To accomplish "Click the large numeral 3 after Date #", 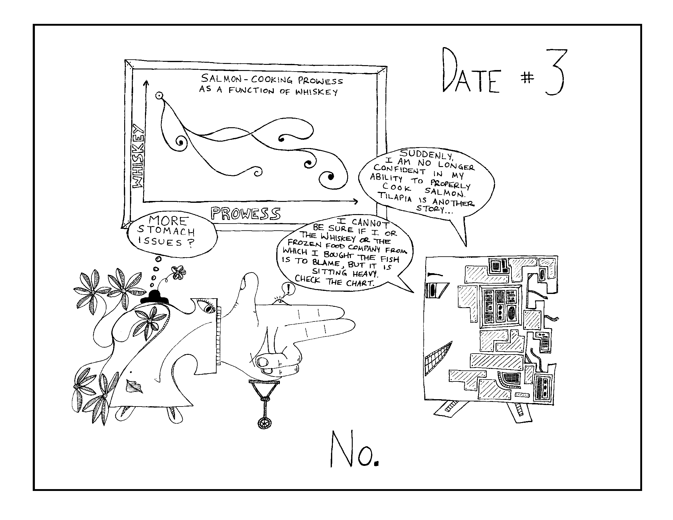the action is coord(555,72).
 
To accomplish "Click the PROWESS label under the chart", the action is coord(246,213).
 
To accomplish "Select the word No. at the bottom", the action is coord(354,449).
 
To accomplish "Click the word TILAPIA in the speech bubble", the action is coord(395,196).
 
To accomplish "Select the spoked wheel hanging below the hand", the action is coord(264,423).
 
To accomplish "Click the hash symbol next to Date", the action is coord(527,79).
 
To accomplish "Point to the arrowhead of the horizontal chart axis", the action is coord(355,202).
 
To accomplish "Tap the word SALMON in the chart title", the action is coord(221,79).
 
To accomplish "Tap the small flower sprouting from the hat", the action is coord(178,272).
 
